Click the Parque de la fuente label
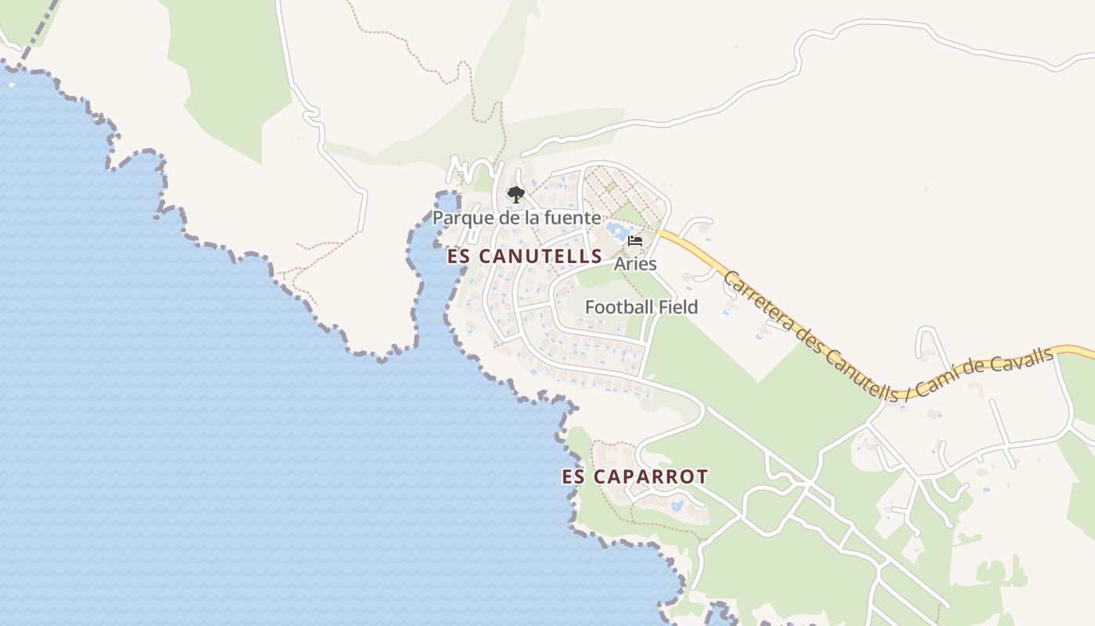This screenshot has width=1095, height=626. (x=517, y=218)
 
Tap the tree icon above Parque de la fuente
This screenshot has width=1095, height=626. (x=515, y=195)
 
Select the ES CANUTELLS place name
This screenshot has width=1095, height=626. (x=525, y=256)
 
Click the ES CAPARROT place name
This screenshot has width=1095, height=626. (x=635, y=477)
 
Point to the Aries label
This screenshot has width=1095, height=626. (x=635, y=264)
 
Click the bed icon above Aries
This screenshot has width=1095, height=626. (x=635, y=241)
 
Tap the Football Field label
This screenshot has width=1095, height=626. (x=641, y=308)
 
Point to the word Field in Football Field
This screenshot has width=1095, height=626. (x=677, y=308)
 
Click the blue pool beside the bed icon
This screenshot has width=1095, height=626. (x=616, y=230)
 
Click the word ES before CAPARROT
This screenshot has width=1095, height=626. (x=573, y=477)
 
